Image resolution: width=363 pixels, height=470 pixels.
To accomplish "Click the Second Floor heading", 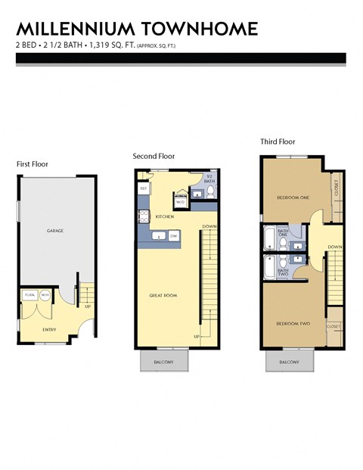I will (154, 157).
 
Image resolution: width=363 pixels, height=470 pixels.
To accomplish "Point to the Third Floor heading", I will (277, 142).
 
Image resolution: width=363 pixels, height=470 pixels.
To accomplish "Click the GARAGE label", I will (55, 229).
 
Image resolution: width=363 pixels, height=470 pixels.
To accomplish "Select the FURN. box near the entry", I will (30, 294).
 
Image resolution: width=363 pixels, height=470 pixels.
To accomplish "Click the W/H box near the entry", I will (45, 294).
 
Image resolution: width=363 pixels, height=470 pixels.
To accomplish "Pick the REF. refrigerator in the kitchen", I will (143, 187).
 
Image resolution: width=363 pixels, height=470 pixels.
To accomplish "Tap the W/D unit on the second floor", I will (181, 202).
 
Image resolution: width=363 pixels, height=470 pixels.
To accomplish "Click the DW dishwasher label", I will (173, 236).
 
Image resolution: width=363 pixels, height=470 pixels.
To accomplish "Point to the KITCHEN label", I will (165, 217).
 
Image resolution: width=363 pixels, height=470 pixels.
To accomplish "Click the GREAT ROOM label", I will (163, 295).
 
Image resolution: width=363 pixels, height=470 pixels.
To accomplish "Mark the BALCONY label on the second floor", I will (163, 362).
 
